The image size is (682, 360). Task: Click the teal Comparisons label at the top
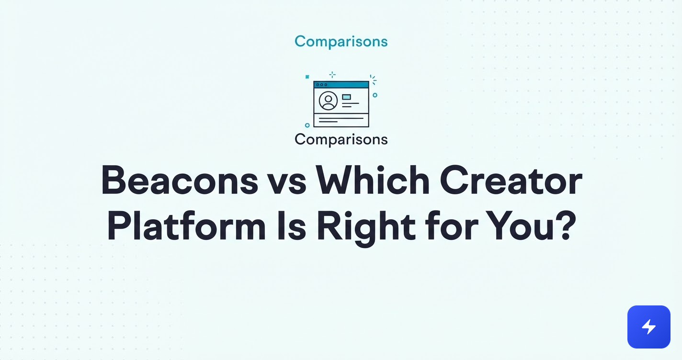[x=341, y=42]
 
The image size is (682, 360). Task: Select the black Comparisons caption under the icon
[x=341, y=140]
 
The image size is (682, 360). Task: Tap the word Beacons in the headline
[x=180, y=180]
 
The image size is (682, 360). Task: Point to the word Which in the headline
[x=373, y=180]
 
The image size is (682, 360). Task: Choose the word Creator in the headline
[x=511, y=180]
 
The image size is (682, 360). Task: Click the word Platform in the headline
[x=186, y=226]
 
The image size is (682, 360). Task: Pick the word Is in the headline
[x=291, y=226]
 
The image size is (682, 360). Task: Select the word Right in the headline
[x=366, y=228]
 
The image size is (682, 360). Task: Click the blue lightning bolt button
[x=649, y=327]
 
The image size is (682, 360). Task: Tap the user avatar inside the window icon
[x=328, y=101]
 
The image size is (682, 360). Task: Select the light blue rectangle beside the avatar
[x=346, y=97]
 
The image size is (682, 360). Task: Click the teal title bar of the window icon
[x=341, y=85]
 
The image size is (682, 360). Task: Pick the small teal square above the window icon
[x=307, y=77]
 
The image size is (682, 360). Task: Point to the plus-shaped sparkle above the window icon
[x=332, y=75]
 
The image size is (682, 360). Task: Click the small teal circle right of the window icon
[x=375, y=95]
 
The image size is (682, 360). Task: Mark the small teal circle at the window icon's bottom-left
[x=307, y=125]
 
